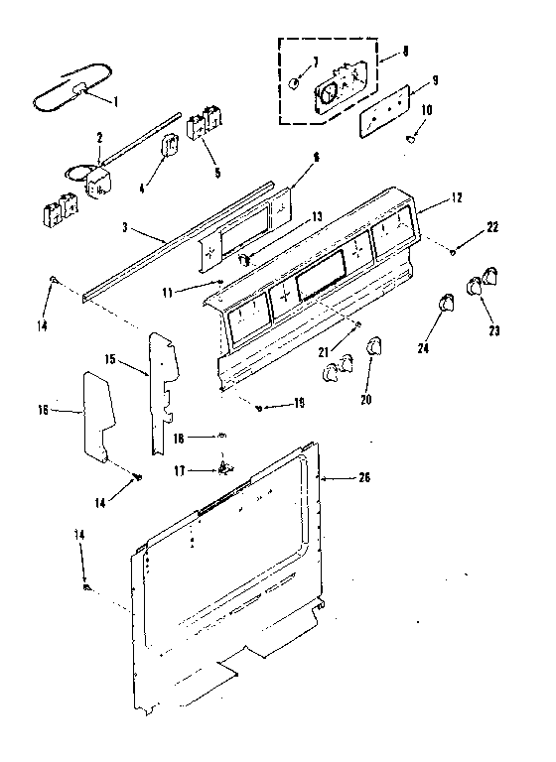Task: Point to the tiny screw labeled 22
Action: [453, 251]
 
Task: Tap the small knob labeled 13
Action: [242, 258]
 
